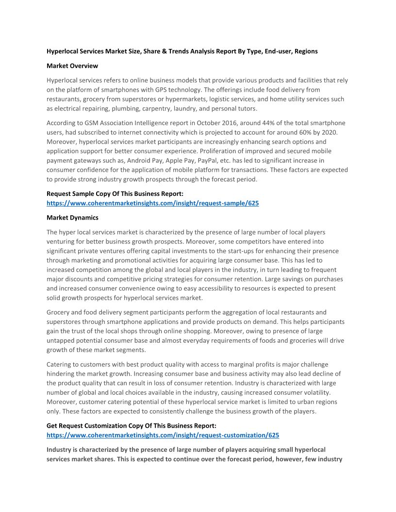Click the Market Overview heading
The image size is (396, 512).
click(72, 66)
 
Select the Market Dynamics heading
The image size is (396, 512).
click(72, 218)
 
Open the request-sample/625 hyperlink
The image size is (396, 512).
click(152, 204)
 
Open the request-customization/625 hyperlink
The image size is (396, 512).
click(163, 435)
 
